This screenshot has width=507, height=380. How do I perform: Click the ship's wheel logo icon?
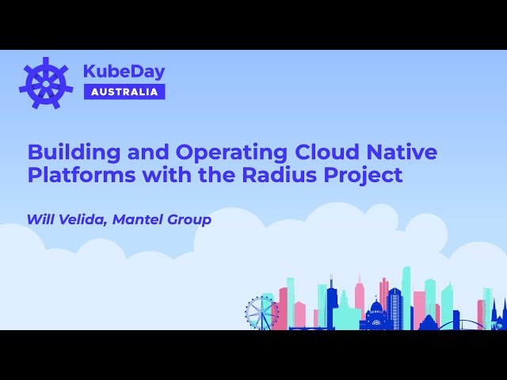(x=46, y=82)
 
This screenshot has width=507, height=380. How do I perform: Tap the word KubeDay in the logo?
(x=124, y=71)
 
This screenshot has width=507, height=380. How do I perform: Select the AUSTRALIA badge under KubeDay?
(x=124, y=91)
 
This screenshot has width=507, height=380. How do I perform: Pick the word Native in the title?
(x=404, y=151)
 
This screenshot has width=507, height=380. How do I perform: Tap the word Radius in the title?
(x=279, y=175)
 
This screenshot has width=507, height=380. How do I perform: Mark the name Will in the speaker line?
(x=40, y=219)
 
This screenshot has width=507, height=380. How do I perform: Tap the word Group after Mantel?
(x=191, y=219)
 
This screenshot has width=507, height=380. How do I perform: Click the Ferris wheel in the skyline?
(x=261, y=313)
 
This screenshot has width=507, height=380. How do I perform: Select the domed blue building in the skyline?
(x=376, y=313)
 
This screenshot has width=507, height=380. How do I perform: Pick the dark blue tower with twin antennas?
(x=330, y=297)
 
